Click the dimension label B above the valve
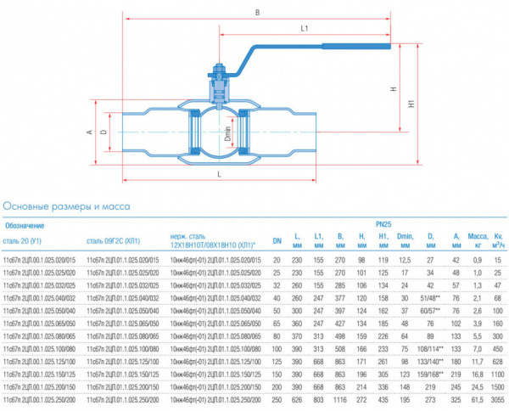click(x=257, y=12)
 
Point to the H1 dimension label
click(x=411, y=105)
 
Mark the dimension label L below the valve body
click(x=219, y=173)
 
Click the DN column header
click(x=277, y=239)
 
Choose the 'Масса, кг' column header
click(x=478, y=239)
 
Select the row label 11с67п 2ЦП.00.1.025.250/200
click(x=40, y=399)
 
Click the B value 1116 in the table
click(x=340, y=399)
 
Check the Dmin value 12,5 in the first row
click(x=405, y=259)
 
